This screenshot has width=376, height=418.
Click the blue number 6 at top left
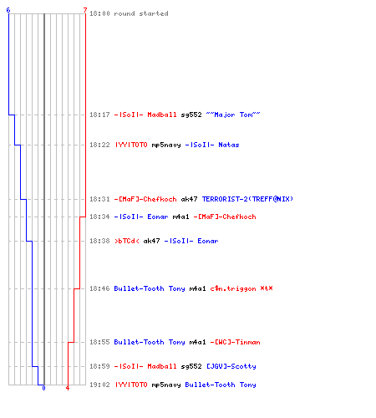point(8,10)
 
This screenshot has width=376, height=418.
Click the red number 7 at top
point(85,10)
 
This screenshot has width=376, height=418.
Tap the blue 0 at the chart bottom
point(43,388)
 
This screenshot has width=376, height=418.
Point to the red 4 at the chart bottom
point(68,388)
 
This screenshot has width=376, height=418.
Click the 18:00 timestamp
point(99,13)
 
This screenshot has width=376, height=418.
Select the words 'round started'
point(141,13)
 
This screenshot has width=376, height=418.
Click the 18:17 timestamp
point(99,115)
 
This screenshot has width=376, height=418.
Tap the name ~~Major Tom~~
point(233,115)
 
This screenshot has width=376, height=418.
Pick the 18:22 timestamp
point(99,145)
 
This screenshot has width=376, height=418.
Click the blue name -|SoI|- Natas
point(212,145)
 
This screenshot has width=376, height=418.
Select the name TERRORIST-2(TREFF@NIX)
point(247,199)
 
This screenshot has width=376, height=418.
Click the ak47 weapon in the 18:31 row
point(189,199)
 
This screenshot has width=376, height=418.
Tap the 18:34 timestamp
point(99,217)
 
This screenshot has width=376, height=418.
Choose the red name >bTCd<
point(127,241)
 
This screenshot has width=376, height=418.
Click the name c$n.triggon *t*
point(241,288)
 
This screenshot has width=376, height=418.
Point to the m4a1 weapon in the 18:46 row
point(197,288)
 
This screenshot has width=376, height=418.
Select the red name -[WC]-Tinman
point(236,342)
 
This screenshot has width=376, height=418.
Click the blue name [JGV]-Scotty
point(231,366)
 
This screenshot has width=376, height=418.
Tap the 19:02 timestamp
point(99,385)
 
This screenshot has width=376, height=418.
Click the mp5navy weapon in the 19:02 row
point(166,385)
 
